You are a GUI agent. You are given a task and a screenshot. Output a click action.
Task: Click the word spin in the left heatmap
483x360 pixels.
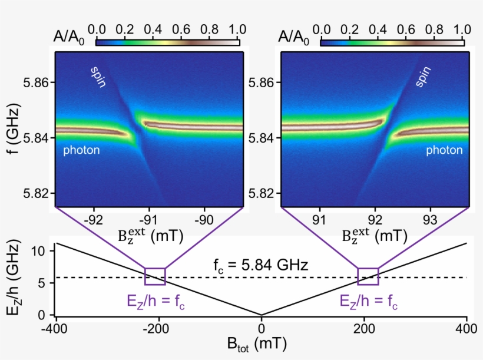[x=98, y=77]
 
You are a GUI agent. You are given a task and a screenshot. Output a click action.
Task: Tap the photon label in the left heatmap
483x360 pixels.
[x=81, y=150]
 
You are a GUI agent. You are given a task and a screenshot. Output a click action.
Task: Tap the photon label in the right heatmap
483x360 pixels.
[x=444, y=150]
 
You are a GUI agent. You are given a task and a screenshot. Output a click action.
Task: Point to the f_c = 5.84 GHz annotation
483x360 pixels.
[x=260, y=265]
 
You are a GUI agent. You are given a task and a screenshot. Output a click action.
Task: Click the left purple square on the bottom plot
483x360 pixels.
[x=155, y=276]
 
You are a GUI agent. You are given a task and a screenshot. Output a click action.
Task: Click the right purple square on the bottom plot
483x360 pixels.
[x=368, y=276]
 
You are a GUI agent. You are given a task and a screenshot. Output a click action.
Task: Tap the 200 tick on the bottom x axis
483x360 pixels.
[x=364, y=328]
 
